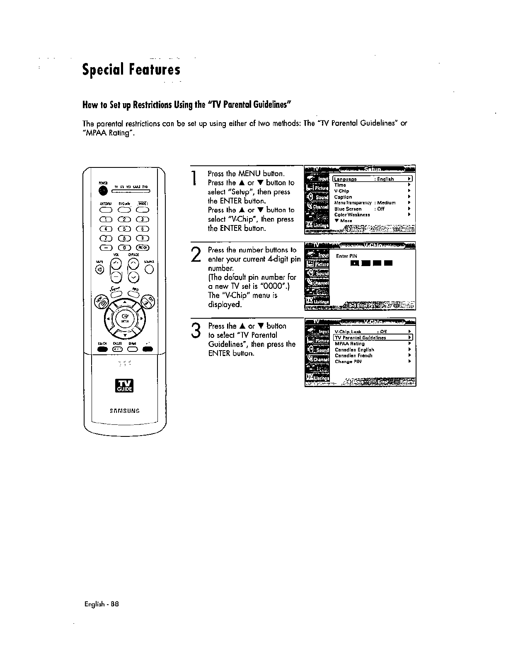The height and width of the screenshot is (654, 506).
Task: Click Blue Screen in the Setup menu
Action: (348, 209)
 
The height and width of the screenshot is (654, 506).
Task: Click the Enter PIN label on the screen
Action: (346, 256)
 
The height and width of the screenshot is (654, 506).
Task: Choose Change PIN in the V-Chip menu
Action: (348, 361)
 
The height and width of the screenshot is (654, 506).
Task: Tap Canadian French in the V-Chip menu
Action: (353, 356)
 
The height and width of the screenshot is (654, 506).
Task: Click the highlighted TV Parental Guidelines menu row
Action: (372, 337)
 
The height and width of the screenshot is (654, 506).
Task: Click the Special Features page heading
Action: (131, 69)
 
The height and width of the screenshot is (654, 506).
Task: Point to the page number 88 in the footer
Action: (115, 604)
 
